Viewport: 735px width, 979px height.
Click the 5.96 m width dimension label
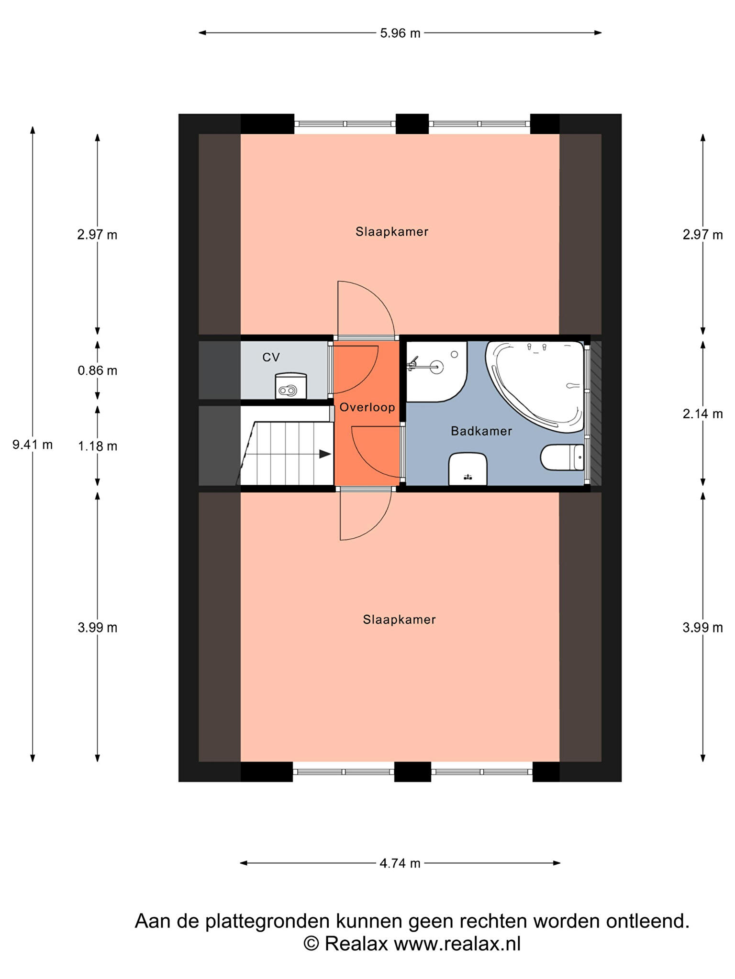pyautogui.click(x=400, y=33)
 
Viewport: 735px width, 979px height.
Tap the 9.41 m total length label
pyautogui.click(x=33, y=445)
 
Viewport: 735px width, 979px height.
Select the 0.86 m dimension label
pyautogui.click(x=98, y=370)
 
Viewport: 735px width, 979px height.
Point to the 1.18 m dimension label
pyautogui.click(x=98, y=446)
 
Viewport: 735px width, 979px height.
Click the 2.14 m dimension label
pyautogui.click(x=702, y=413)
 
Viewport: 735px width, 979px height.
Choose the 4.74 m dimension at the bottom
pyautogui.click(x=400, y=863)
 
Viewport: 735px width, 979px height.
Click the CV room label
pyautogui.click(x=271, y=357)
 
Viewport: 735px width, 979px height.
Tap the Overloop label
pyautogui.click(x=367, y=407)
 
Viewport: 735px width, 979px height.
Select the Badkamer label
pyautogui.click(x=481, y=431)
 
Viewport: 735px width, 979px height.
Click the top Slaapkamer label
pyautogui.click(x=392, y=232)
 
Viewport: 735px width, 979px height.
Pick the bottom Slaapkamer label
pyautogui.click(x=399, y=620)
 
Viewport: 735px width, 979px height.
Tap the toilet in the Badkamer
pyautogui.click(x=562, y=457)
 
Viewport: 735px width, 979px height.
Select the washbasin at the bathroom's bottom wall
pyautogui.click(x=468, y=469)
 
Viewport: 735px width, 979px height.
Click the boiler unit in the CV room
pyautogui.click(x=290, y=386)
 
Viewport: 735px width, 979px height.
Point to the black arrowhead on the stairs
pyautogui.click(x=325, y=454)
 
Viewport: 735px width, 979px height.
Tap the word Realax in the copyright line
pyautogui.click(x=356, y=944)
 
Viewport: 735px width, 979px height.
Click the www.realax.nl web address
pyautogui.click(x=457, y=944)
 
